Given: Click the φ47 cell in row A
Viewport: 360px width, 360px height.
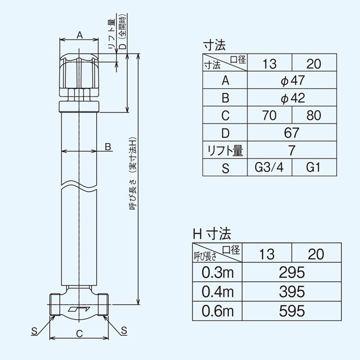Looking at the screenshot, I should coord(292,81).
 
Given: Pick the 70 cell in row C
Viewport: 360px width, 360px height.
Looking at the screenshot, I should coord(269,116).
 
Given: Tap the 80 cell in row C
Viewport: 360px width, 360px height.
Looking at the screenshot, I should coord(314,116).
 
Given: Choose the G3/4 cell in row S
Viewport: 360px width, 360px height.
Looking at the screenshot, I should coord(269,168).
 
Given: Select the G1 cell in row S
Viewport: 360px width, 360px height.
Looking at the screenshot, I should coord(314,168).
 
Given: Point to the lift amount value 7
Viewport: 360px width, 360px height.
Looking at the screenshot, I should coord(292,150).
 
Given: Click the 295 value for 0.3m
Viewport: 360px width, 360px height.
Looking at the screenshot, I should coord(292,272).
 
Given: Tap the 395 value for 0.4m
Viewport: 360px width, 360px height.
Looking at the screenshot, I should coord(292,291).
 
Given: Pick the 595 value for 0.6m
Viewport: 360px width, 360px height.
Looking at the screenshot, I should coord(292,311).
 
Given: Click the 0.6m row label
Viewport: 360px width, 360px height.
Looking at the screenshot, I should coord(217,311).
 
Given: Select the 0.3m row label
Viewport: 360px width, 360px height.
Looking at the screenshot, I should coord(217,272).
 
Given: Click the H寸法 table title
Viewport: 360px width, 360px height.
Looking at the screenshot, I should coord(212,233).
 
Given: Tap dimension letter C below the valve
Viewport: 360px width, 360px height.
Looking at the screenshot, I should coord(79,333).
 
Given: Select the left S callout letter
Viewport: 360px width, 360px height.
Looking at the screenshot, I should coord(34,330).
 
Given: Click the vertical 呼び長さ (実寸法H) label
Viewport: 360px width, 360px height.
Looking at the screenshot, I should coord(133,178).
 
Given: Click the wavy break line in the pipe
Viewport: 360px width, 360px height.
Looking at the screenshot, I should coord(79,185).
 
